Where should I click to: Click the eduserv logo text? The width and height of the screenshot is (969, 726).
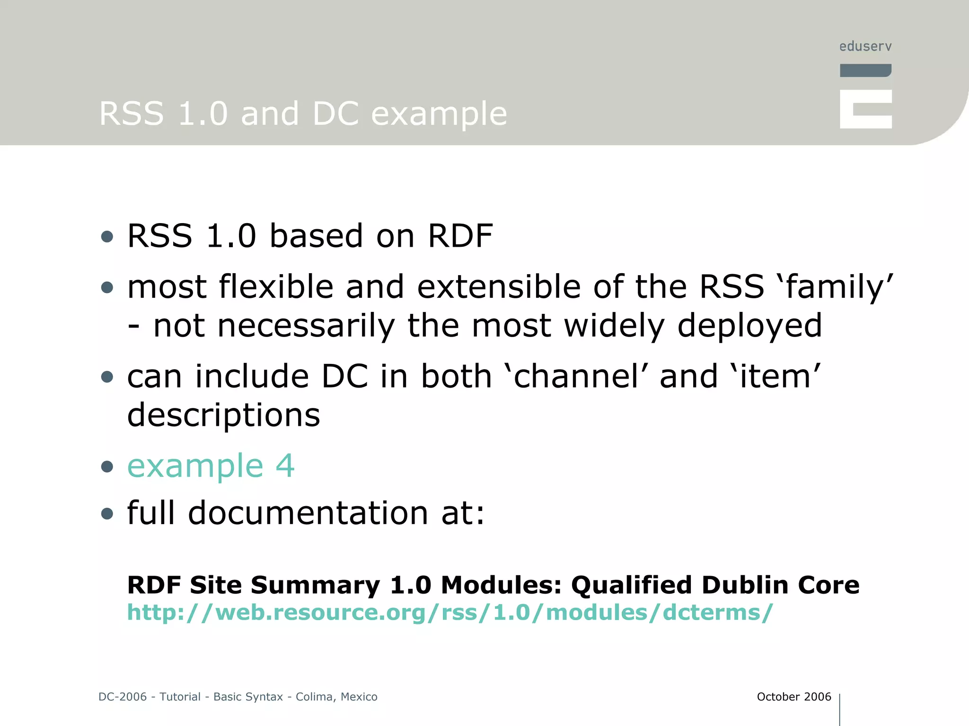click(865, 46)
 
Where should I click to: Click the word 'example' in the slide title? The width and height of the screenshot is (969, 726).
click(439, 114)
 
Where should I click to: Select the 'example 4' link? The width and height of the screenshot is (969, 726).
click(211, 466)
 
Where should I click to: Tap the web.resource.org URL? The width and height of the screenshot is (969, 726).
click(450, 613)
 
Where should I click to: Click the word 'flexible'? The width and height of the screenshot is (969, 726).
click(276, 287)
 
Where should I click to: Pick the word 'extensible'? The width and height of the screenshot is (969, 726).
click(499, 287)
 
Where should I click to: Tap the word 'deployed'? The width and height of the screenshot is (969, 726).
click(750, 326)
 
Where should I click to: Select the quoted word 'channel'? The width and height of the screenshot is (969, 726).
click(576, 377)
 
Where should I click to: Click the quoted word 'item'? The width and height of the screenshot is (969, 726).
click(775, 377)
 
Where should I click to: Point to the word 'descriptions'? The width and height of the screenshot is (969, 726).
click(224, 415)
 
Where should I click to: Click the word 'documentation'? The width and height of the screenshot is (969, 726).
click(308, 513)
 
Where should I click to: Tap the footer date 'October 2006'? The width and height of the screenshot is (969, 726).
click(794, 697)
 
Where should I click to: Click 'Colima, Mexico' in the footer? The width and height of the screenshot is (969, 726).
click(336, 697)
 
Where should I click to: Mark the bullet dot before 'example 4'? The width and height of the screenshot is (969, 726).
click(107, 467)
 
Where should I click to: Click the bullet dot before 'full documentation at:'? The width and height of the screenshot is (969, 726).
click(107, 514)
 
